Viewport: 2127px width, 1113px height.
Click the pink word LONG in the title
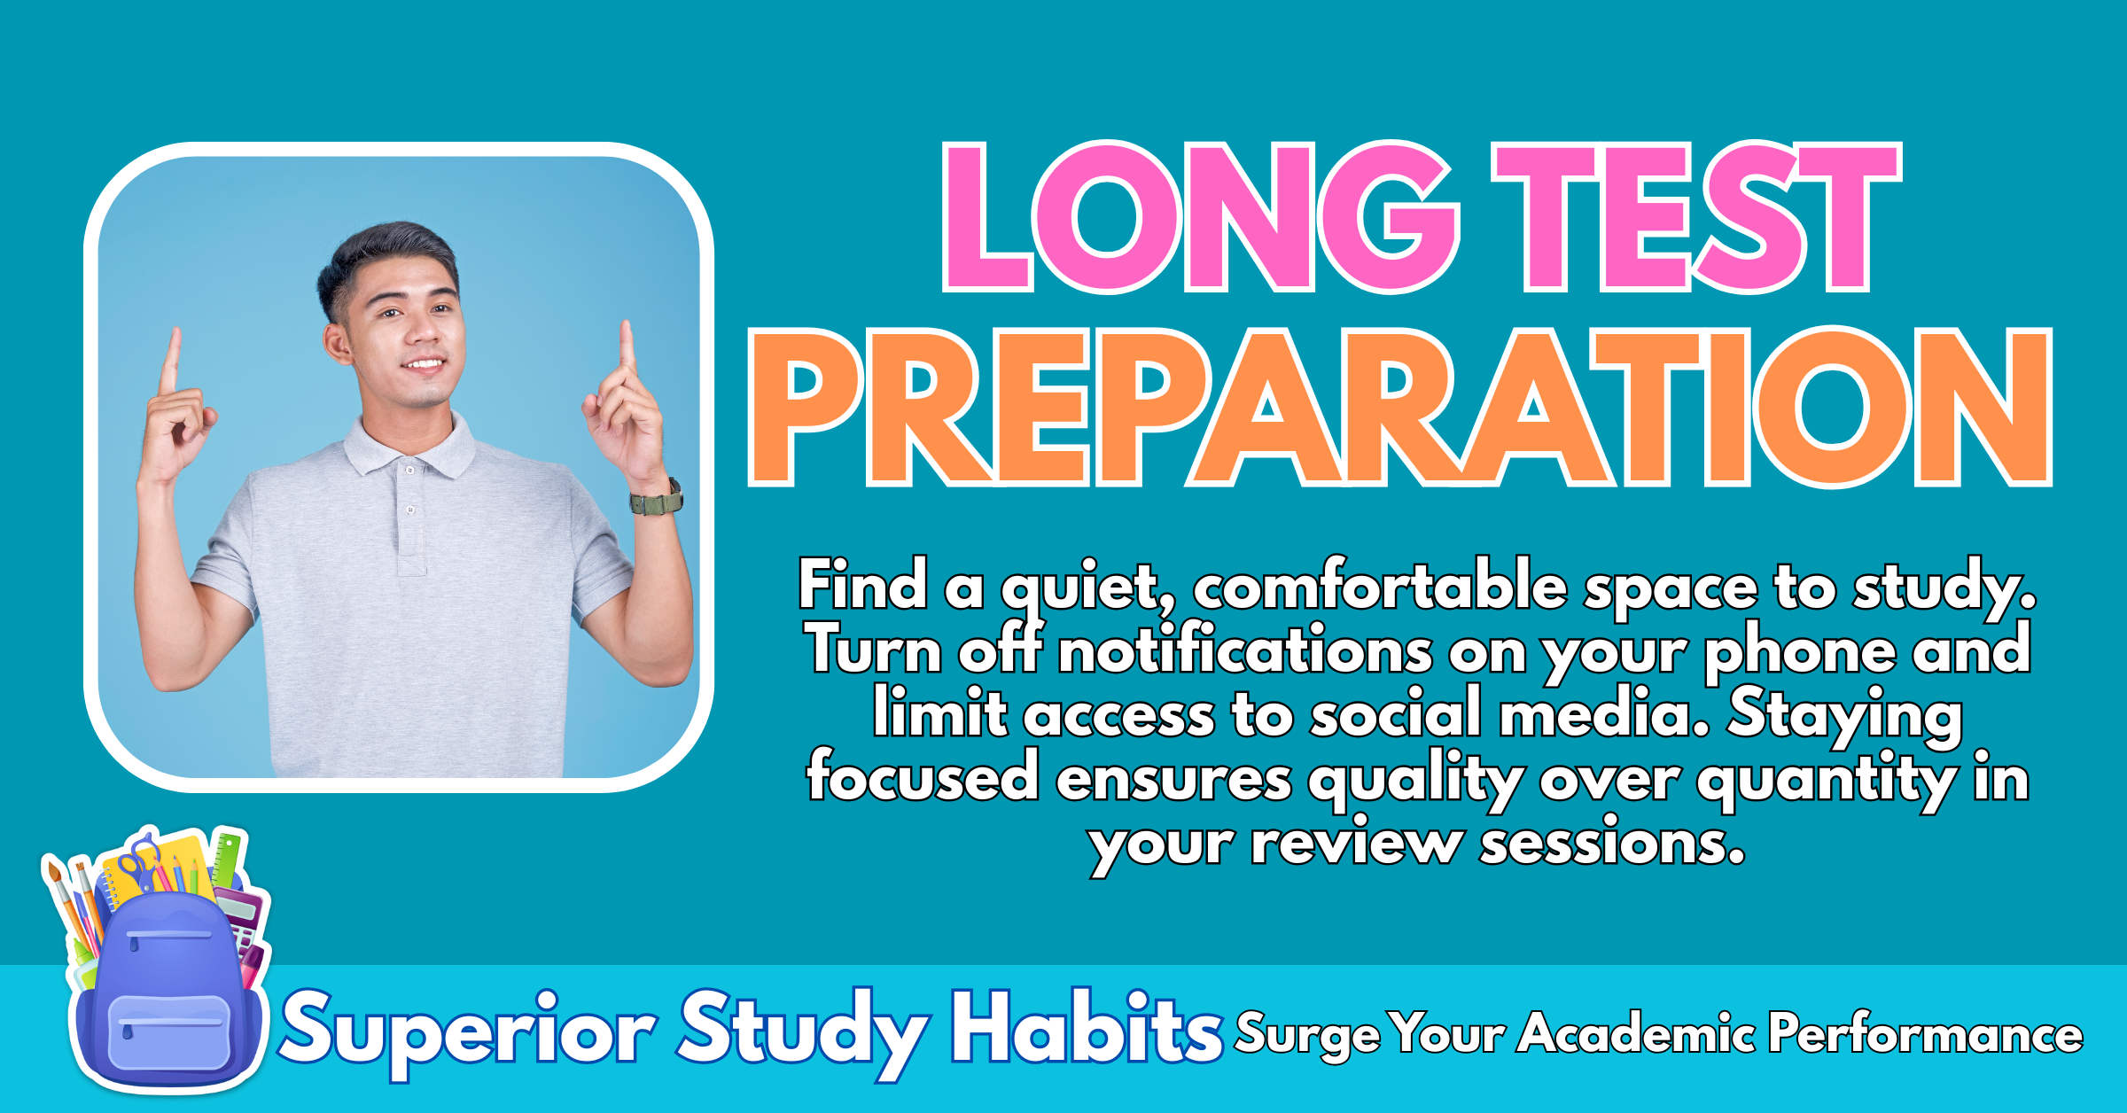[1201, 217]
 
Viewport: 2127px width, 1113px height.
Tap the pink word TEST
[1697, 217]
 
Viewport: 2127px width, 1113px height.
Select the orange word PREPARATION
[1400, 408]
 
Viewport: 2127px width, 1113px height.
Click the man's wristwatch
[657, 499]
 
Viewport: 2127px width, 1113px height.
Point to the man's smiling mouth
[424, 364]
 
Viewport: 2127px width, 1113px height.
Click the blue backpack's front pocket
[168, 1032]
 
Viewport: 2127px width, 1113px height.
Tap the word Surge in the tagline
[1307, 1034]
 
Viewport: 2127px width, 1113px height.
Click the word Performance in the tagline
[1926, 1033]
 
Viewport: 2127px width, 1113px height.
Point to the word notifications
[1245, 650]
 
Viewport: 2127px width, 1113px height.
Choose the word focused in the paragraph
[923, 776]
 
